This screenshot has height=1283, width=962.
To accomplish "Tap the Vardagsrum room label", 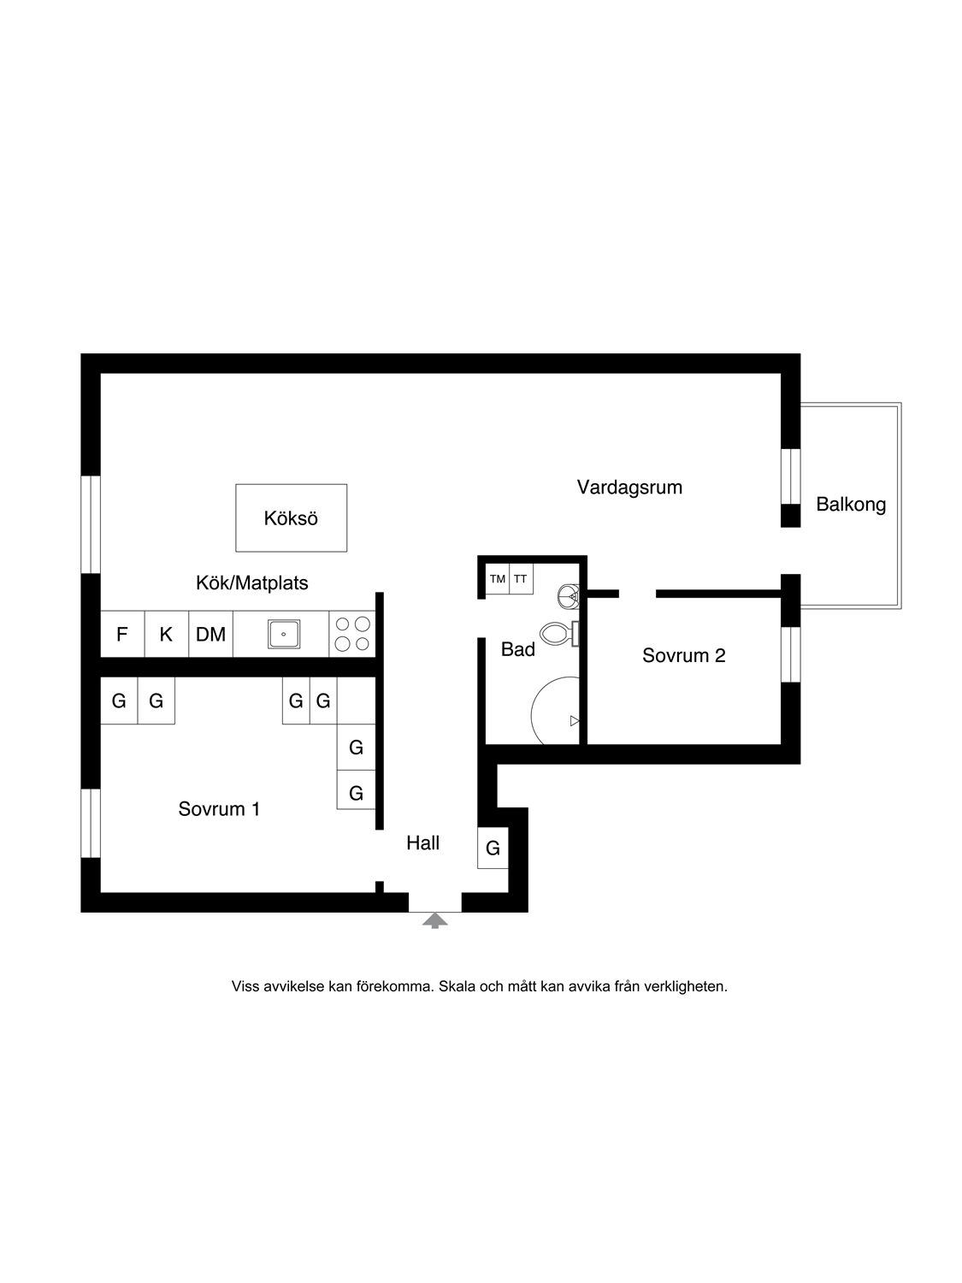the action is pyautogui.click(x=629, y=488).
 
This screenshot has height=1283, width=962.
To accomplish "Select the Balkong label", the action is pyautogui.click(x=851, y=505).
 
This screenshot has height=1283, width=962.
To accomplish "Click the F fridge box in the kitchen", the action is pyautogui.click(x=122, y=634).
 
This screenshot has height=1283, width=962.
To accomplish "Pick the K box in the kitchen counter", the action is pyautogui.click(x=167, y=634).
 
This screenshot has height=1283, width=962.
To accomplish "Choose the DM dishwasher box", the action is pyautogui.click(x=211, y=634).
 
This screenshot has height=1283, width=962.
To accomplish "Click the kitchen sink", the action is pyautogui.click(x=284, y=634).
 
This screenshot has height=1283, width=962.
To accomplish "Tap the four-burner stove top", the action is pyautogui.click(x=352, y=634).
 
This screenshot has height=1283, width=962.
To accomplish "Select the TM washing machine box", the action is pyautogui.click(x=498, y=579).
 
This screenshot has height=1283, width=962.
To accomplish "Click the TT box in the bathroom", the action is pyautogui.click(x=521, y=579).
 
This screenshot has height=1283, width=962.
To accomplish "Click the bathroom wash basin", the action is pyautogui.click(x=569, y=596).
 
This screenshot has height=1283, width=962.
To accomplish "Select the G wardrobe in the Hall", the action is pyautogui.click(x=493, y=848).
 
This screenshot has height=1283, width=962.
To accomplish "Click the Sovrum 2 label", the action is pyautogui.click(x=683, y=656).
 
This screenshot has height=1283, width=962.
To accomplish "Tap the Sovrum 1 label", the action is pyautogui.click(x=219, y=809).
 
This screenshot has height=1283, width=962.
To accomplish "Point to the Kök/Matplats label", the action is pyautogui.click(x=251, y=582).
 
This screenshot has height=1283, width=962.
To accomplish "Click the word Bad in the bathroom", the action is pyautogui.click(x=517, y=649).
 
